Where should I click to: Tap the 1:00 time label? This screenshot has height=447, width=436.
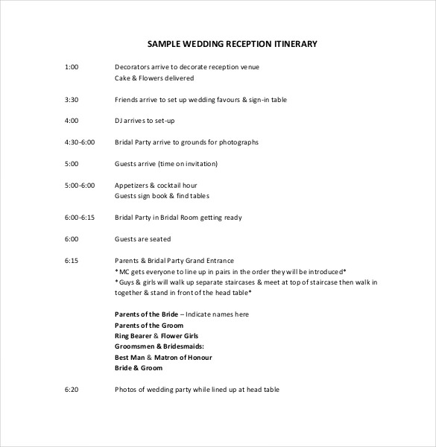coord(72,67)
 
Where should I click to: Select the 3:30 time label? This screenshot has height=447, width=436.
coord(72,98)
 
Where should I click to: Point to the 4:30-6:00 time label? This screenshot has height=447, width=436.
coord(80,142)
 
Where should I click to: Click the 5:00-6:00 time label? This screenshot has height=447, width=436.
coord(80,185)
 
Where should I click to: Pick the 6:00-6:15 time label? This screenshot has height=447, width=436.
coord(80,218)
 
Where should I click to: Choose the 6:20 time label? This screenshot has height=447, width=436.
coord(72,390)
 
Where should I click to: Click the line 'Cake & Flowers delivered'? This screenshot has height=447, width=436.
coord(154,77)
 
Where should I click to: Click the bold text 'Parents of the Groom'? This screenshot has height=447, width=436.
coord(149,326)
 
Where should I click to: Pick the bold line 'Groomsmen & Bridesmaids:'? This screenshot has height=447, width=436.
coord(159,346)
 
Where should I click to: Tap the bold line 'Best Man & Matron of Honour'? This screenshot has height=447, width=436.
coord(162,357)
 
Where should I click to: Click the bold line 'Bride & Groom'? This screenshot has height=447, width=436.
coord(139,367)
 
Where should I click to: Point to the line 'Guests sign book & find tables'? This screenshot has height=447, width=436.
coord(162,196)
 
